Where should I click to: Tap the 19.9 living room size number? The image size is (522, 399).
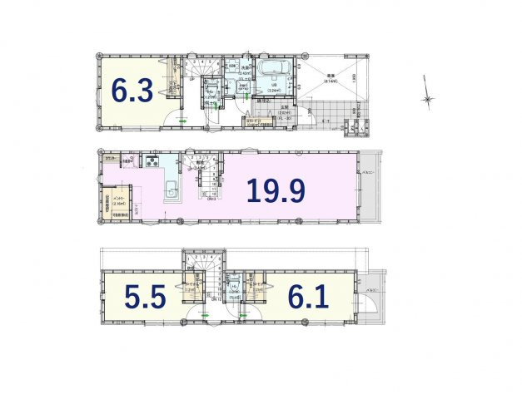click(275, 191)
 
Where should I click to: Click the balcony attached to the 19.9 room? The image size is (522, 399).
click(369, 187)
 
